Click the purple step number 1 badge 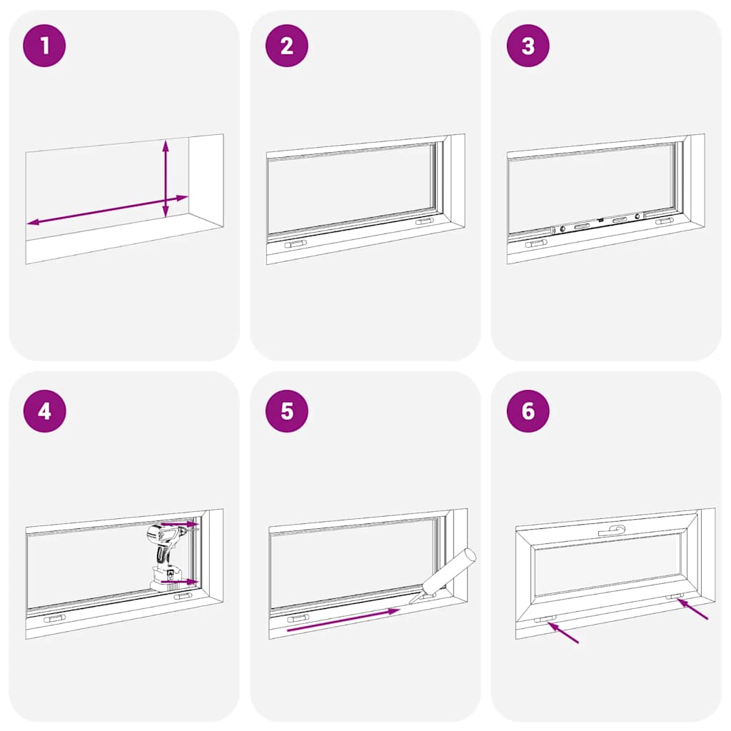click(x=44, y=46)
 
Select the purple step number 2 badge click(x=286, y=46)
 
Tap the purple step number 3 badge click(x=528, y=46)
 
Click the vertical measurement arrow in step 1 click(x=166, y=178)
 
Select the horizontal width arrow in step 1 click(x=107, y=210)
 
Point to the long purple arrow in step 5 click(x=343, y=620)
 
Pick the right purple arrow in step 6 click(x=692, y=609)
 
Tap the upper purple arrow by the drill click(x=178, y=524)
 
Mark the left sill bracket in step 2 click(x=296, y=244)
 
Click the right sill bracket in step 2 click(x=424, y=222)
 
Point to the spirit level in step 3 click(x=599, y=223)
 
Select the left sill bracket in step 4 click(x=54, y=618)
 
